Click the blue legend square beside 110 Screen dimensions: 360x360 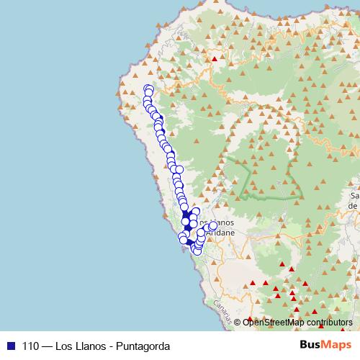coord(10,344)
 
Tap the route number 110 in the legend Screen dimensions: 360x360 coord(30,344)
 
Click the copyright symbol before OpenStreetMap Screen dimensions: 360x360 coord(238,322)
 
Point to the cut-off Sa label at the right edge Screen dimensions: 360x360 coord(354,195)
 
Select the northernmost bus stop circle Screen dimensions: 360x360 coord(149,89)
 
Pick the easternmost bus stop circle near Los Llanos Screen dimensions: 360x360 coord(213,225)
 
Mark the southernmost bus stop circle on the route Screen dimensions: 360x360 coord(197,251)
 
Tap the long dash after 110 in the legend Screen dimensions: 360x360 coord(52,344)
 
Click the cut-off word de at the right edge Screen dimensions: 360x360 coord(354,205)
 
